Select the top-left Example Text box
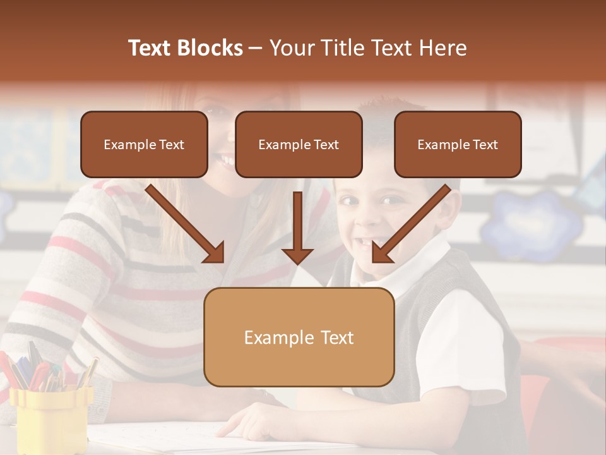coord(144,145)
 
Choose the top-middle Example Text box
coord(299,145)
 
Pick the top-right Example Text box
coord(458,145)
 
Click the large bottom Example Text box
coord(299,337)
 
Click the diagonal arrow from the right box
coord(410,224)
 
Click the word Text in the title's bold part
coord(151,48)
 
